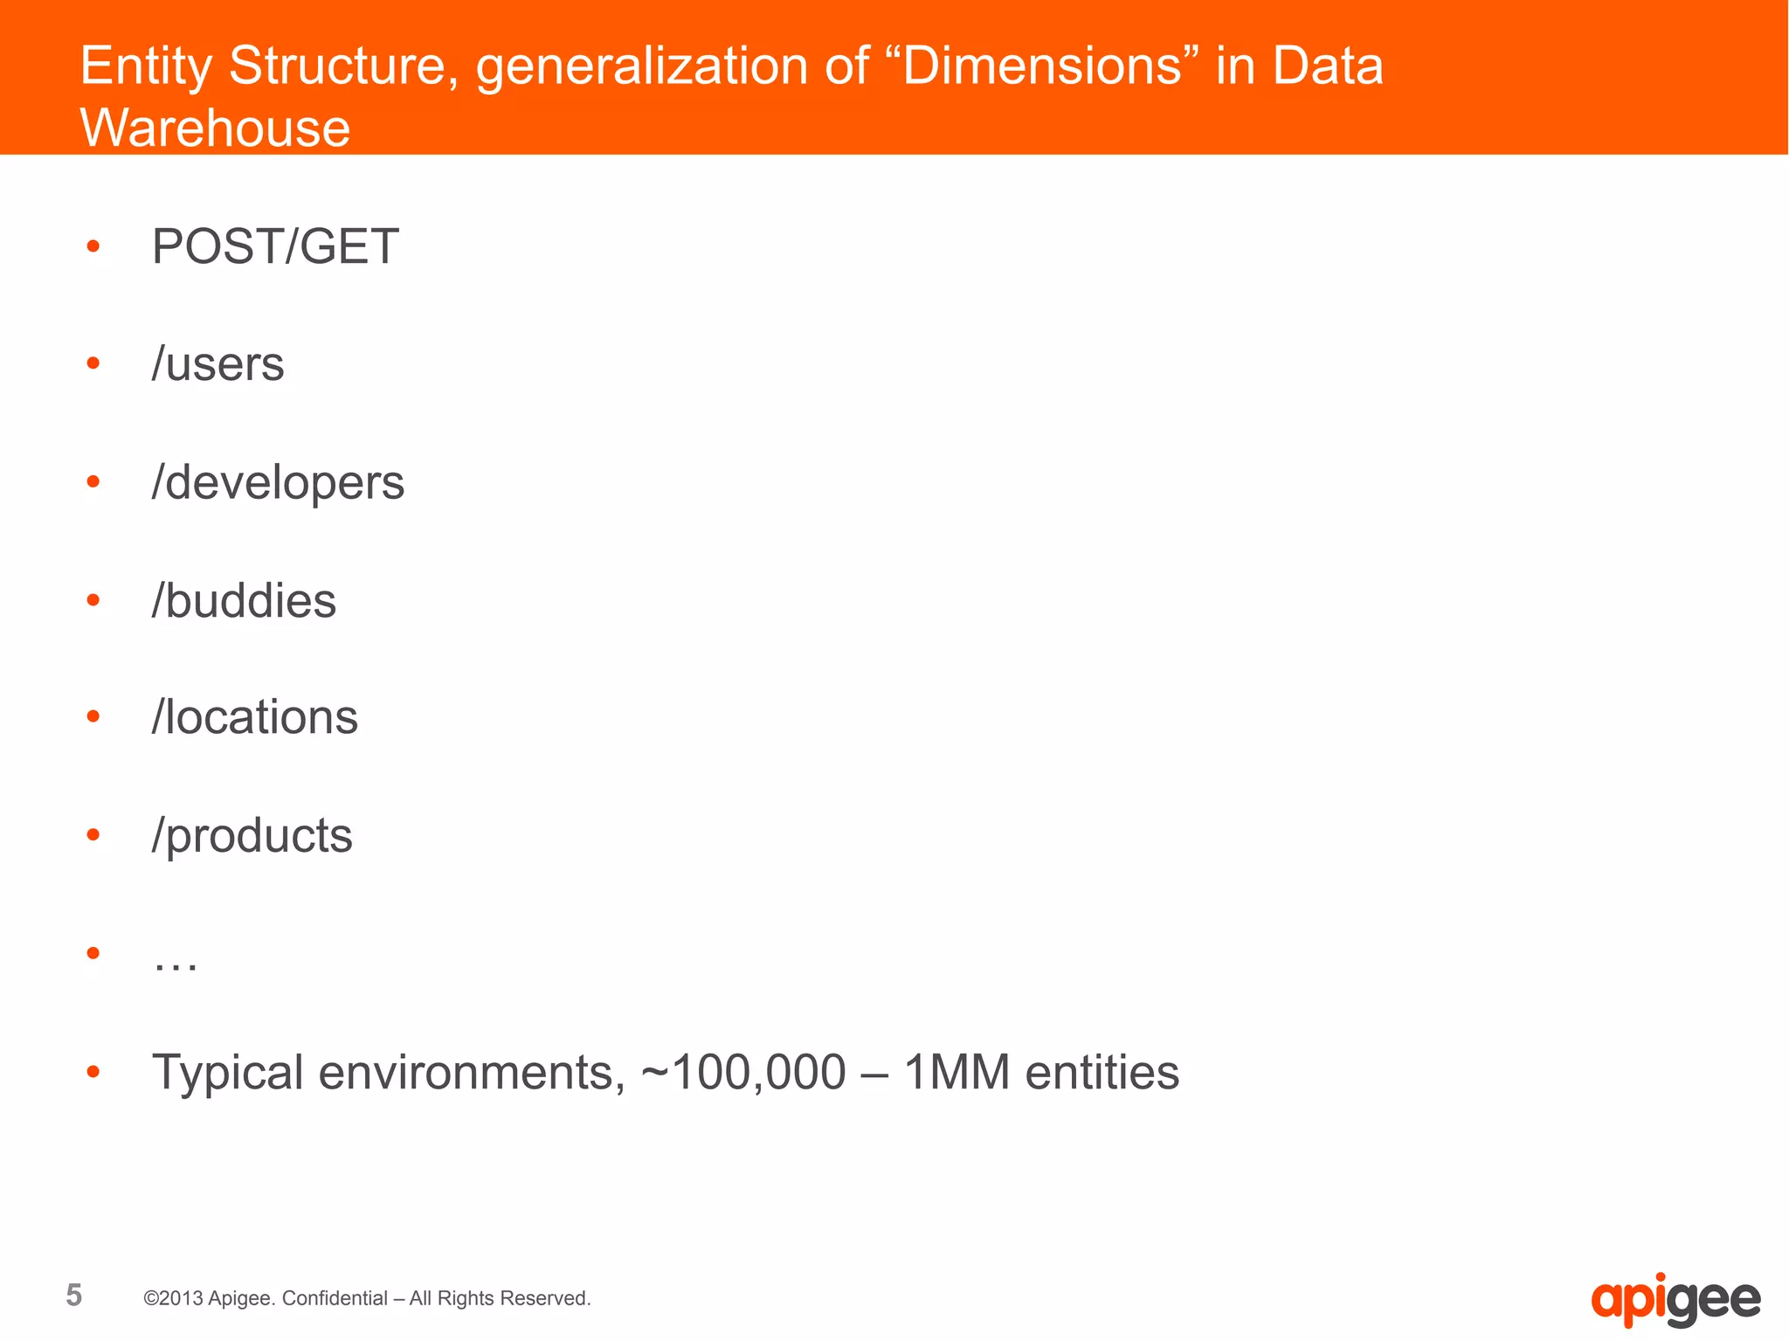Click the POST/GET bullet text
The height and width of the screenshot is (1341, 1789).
tap(275, 246)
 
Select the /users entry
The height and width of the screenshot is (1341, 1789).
tap(218, 364)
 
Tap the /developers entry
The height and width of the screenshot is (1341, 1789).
tap(278, 483)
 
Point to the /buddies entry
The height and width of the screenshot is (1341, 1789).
tap(244, 601)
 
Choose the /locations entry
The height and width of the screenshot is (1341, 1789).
tap(254, 718)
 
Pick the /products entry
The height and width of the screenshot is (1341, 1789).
tap(252, 836)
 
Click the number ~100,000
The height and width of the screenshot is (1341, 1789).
tap(743, 1073)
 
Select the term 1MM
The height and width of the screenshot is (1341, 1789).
tap(956, 1073)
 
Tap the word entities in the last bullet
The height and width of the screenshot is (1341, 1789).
tap(1102, 1073)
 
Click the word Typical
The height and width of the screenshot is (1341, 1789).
tap(227, 1073)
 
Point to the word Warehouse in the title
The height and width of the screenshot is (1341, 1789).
tap(215, 128)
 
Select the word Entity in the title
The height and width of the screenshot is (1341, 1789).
tap(145, 66)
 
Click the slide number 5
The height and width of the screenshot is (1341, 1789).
tap(74, 1295)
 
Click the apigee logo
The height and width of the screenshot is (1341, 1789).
tap(1675, 1300)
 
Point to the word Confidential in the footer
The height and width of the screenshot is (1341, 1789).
tap(335, 1298)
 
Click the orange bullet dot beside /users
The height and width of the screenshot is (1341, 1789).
tap(93, 363)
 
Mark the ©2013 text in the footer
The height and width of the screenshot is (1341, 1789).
tap(173, 1298)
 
